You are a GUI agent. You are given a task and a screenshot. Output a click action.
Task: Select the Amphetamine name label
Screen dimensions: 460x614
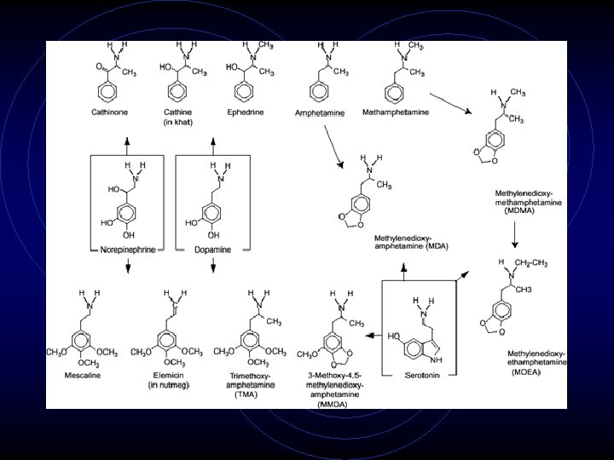[319, 112]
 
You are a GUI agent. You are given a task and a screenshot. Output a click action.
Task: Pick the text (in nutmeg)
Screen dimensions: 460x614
[169, 386]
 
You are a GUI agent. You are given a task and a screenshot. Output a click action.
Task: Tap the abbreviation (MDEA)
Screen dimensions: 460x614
[526, 372]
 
